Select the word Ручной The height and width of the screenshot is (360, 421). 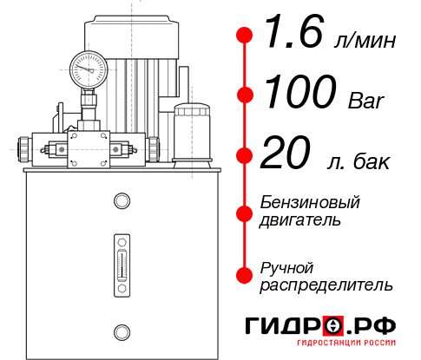[x=286, y=266]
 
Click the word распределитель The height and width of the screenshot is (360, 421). [x=326, y=285]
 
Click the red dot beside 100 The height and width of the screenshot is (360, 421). [x=245, y=94]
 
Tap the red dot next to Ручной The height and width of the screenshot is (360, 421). [x=245, y=274]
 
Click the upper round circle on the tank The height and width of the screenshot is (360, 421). [x=122, y=201]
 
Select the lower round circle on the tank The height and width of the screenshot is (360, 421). [x=122, y=330]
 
